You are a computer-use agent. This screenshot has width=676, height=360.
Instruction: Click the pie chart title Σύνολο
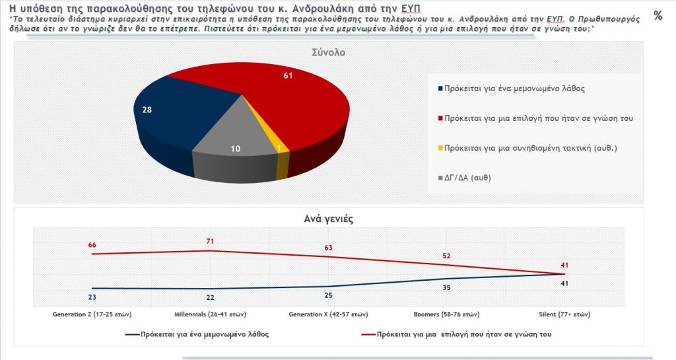tap(329, 53)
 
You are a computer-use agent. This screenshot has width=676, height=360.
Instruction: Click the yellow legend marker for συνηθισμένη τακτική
tap(440, 148)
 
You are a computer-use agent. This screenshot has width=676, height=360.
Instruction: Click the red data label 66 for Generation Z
tap(92, 245)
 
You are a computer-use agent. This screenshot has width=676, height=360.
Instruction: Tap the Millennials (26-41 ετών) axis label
tap(211, 314)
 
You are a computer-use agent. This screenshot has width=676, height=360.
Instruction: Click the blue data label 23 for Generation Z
tap(92, 297)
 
